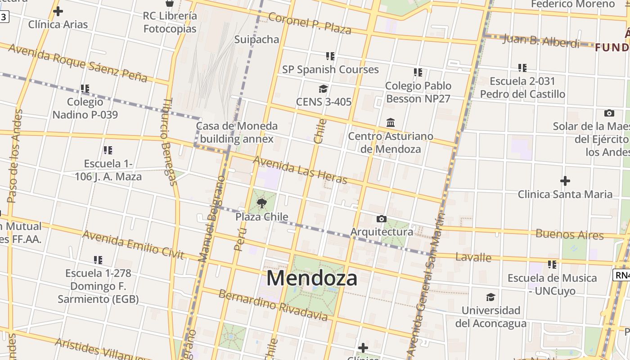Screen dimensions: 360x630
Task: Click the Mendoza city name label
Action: tap(312, 278)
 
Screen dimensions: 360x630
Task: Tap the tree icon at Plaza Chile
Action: tap(261, 204)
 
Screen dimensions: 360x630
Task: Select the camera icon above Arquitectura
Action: tap(381, 219)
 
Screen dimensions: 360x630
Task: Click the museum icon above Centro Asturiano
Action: tap(390, 122)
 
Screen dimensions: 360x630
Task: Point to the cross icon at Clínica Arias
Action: tap(58, 11)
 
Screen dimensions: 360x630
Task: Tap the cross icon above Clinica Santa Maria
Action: tap(565, 181)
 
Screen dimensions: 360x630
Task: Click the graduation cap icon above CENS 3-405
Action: tap(323, 89)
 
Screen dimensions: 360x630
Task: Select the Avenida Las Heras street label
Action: tap(300, 170)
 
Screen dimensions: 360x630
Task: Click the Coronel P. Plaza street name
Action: tap(309, 23)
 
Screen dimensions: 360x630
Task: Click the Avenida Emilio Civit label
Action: tap(133, 245)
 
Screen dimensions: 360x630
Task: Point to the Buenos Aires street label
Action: tap(569, 234)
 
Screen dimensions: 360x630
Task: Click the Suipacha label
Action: tap(256, 39)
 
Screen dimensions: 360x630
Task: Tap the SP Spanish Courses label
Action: tap(330, 69)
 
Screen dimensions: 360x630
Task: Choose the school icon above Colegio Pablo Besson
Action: tap(418, 72)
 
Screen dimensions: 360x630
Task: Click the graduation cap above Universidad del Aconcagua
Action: tap(490, 297)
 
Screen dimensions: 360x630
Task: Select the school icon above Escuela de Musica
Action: tap(552, 265)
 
